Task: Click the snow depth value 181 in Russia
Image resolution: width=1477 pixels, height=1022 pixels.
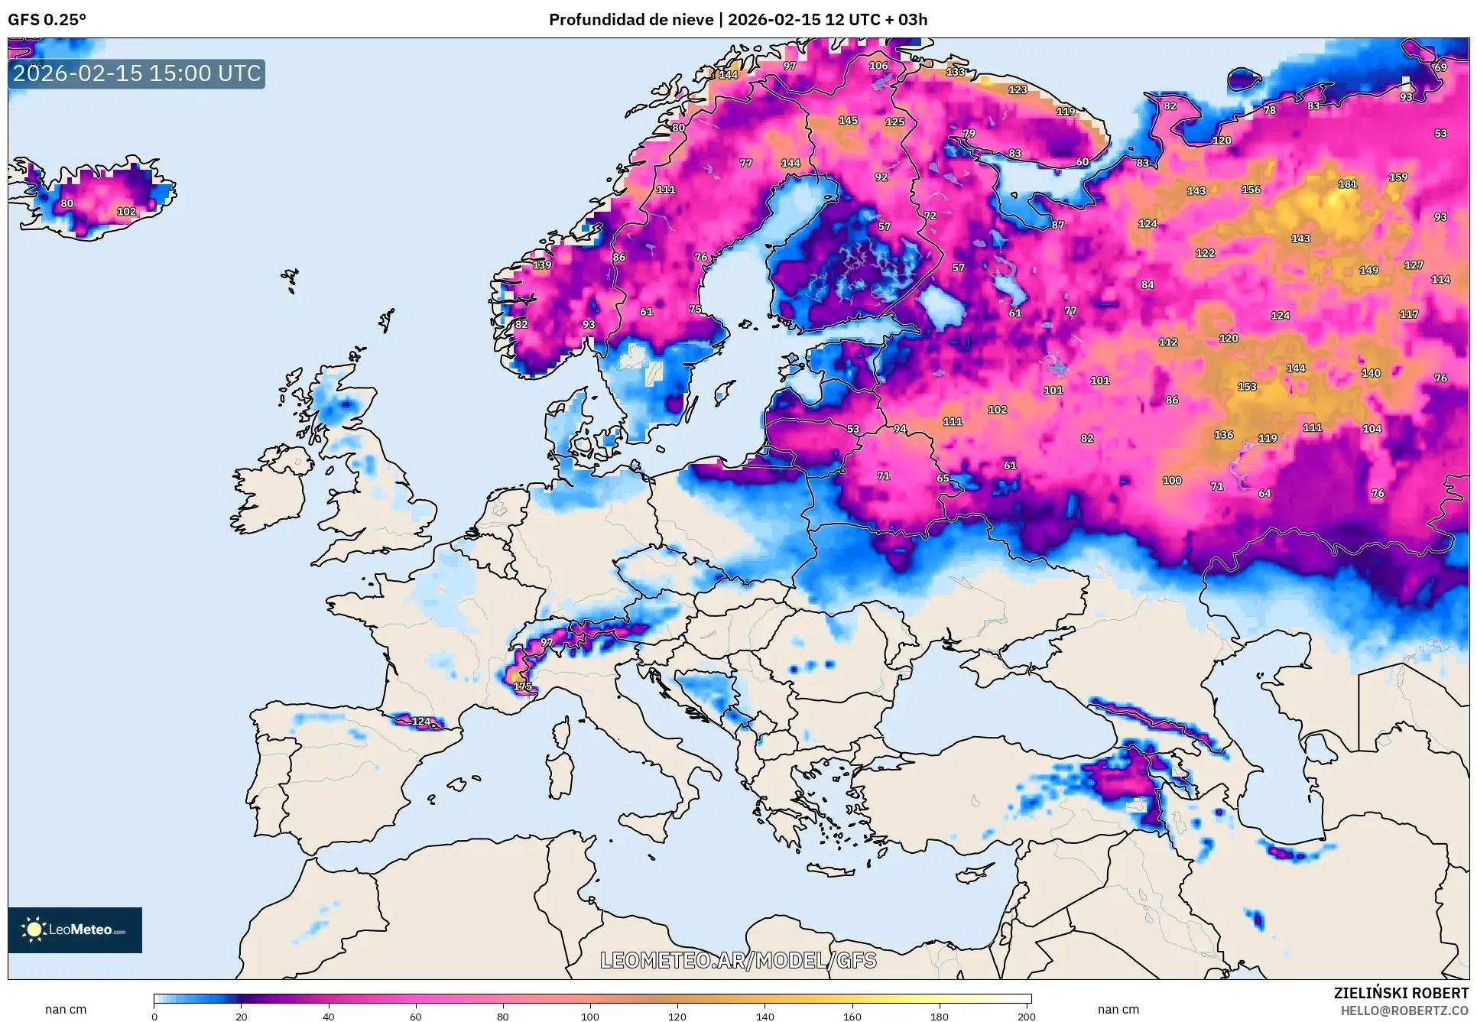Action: (x=1347, y=184)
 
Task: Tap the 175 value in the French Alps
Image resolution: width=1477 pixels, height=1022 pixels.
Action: (x=523, y=686)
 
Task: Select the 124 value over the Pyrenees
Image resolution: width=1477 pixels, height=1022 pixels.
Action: (x=421, y=721)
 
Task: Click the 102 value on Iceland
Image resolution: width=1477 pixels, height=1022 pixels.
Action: (x=126, y=212)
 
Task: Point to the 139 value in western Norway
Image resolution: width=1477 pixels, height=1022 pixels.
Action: (x=542, y=265)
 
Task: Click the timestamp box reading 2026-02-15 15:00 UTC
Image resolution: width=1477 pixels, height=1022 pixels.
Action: (x=137, y=73)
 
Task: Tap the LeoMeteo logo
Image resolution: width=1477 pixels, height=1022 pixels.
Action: (x=75, y=930)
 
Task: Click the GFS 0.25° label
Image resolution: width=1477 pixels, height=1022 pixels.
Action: (x=47, y=20)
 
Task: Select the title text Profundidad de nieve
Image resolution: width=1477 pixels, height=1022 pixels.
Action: (x=631, y=20)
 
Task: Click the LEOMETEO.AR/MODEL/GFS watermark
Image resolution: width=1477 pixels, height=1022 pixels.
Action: (x=738, y=960)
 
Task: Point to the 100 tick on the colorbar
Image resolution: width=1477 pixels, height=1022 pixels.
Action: (x=590, y=1016)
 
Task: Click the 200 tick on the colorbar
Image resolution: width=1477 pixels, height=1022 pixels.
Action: (x=1027, y=1016)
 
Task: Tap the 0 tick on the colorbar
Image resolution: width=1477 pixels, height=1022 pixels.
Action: (x=154, y=1016)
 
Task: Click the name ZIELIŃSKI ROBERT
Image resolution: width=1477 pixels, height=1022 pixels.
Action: (x=1401, y=993)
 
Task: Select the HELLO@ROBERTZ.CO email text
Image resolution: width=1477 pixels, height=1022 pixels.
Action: (x=1404, y=1011)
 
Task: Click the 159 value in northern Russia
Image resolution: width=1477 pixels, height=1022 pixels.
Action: (x=1398, y=177)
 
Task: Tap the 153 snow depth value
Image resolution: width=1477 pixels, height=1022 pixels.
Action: (x=1247, y=387)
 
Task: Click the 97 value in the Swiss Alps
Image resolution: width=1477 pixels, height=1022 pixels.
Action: (x=547, y=642)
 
